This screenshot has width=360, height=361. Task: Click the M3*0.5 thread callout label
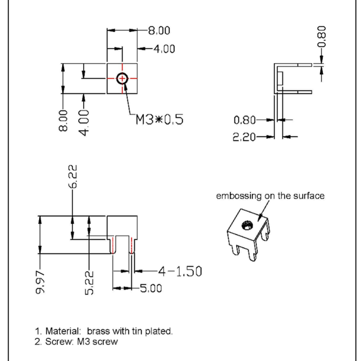coord(159,119)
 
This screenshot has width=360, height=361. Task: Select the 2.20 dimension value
coord(244,137)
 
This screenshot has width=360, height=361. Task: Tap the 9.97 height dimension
coord(40,282)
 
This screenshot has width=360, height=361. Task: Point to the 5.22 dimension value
coord(89,283)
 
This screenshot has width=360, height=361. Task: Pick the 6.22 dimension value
coord(73,176)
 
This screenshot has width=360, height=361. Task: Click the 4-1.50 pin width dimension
coord(180,271)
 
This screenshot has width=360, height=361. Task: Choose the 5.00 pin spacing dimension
coord(151,288)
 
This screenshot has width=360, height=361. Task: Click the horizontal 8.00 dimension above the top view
coord(159,31)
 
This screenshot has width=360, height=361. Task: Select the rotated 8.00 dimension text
coord(63,120)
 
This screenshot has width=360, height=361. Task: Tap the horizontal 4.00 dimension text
coord(164,49)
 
